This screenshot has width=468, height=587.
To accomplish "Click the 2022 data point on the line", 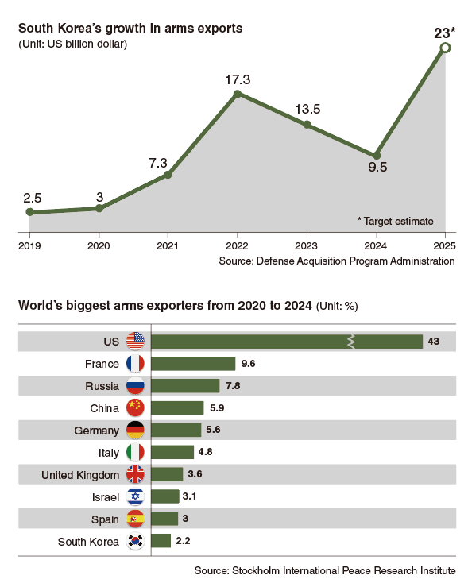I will pyautogui.click(x=238, y=94).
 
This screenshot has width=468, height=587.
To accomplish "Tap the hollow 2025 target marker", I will pyautogui.click(x=445, y=48).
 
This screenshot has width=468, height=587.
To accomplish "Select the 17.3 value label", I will pyautogui.click(x=238, y=79).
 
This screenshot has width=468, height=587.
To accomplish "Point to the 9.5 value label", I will pyautogui.click(x=377, y=167).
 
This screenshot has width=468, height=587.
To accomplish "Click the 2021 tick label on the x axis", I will pyautogui.click(x=168, y=245).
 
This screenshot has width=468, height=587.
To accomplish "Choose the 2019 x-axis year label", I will pyautogui.click(x=29, y=245).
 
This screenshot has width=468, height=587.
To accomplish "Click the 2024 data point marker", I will pyautogui.click(x=377, y=155).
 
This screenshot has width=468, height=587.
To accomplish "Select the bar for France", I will pyautogui.click(x=193, y=364).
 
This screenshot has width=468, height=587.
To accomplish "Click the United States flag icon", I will pyautogui.click(x=135, y=342).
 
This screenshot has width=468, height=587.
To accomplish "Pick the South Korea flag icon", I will pyautogui.click(x=135, y=542).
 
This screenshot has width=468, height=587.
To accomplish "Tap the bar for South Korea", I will pyautogui.click(x=161, y=541).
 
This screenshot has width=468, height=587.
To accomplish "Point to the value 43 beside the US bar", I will pyautogui.click(x=434, y=342).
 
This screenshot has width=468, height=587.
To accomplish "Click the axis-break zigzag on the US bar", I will pyautogui.click(x=350, y=342).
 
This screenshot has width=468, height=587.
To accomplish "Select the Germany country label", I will pyautogui.click(x=98, y=430).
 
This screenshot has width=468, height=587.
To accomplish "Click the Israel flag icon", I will pyautogui.click(x=135, y=497).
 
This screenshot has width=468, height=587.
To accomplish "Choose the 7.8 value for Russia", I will pyautogui.click(x=233, y=386).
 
